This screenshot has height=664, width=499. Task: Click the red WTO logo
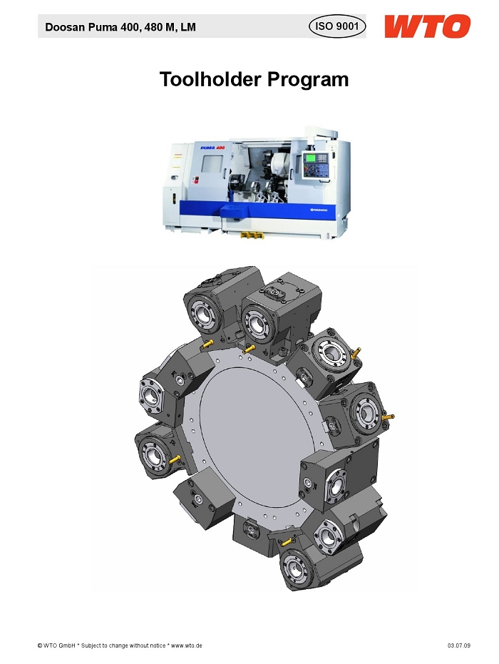[427, 26]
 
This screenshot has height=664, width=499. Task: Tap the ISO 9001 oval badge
[337, 26]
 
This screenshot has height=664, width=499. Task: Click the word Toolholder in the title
[210, 79]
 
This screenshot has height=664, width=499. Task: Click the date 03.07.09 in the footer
[459, 645]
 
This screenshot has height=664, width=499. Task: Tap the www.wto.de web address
[186, 645]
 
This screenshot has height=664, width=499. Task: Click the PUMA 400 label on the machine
[212, 148]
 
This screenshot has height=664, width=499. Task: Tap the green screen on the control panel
[311, 158]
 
